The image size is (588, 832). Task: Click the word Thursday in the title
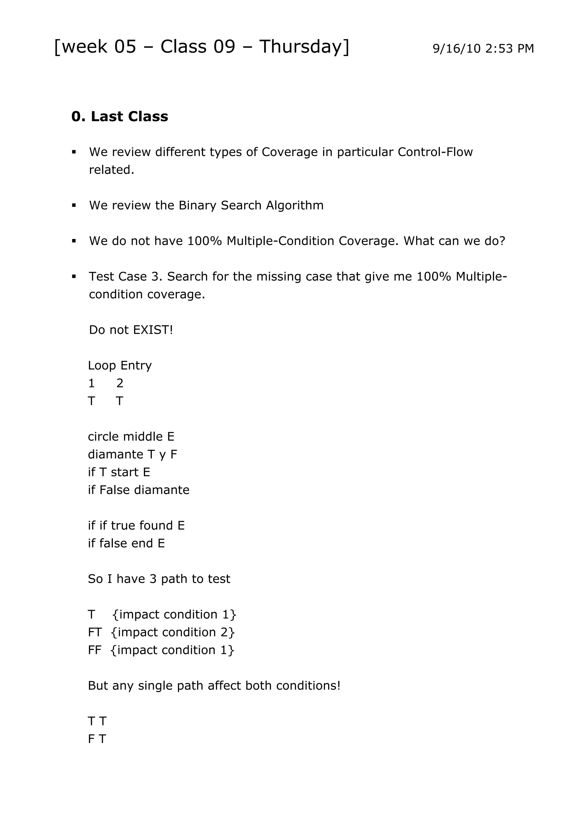pyautogui.click(x=303, y=47)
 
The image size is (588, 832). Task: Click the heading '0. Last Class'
pyautogui.click(x=119, y=116)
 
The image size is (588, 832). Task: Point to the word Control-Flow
pyautogui.click(x=435, y=152)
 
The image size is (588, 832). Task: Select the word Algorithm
pyautogui.click(x=295, y=205)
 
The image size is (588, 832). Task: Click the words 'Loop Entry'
pyautogui.click(x=119, y=365)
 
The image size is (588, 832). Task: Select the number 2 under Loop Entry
pyautogui.click(x=120, y=383)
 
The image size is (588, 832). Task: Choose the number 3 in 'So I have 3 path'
pyautogui.click(x=153, y=579)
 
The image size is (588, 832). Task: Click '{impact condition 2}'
pyautogui.click(x=173, y=632)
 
